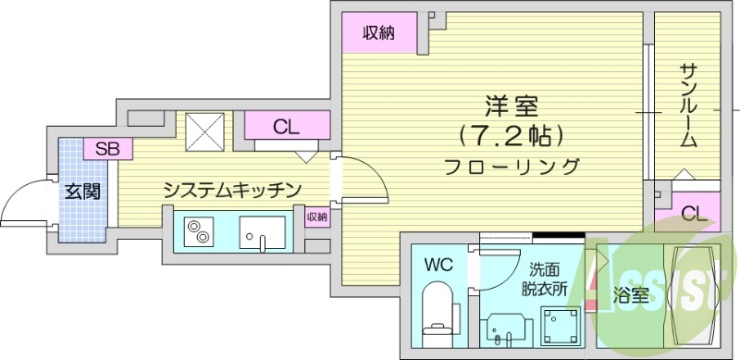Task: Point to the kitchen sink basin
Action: coord(263,231)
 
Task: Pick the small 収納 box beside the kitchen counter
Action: coord(316,217)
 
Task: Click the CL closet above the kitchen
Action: coord(287,126)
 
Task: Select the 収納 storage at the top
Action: coord(378,34)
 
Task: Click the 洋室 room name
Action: coord(510,106)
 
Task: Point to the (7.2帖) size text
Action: coord(510,136)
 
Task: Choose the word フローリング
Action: coord(511,168)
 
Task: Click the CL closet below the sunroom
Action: coord(694,214)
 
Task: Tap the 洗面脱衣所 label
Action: coord(543,279)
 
